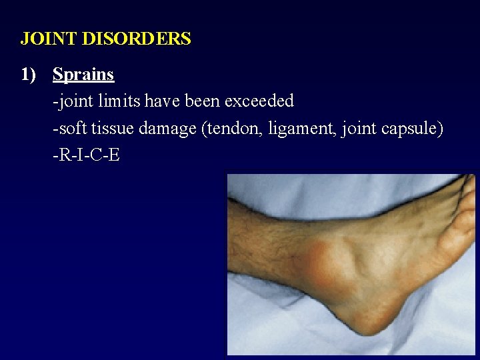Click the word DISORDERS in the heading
coord(136,39)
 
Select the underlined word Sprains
coord(83,75)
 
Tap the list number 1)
coord(29,75)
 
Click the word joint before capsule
coord(360,129)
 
